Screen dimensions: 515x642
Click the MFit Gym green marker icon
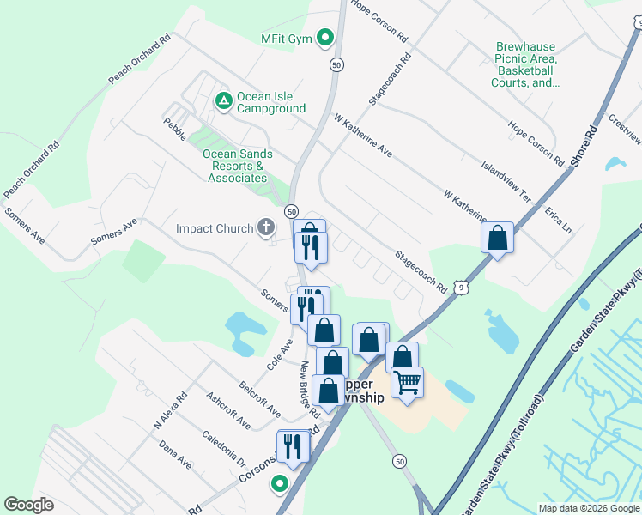(325, 39)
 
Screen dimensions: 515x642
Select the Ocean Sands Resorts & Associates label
(238, 166)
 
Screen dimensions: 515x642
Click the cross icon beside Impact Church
(266, 228)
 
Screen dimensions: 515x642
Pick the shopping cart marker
(408, 381)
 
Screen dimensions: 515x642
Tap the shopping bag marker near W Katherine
(498, 237)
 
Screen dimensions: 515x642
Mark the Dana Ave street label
(175, 455)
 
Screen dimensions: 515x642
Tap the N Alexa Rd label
(170, 412)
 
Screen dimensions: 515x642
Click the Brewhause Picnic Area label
(525, 65)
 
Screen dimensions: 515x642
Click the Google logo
(28, 505)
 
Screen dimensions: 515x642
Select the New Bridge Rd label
(309, 388)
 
